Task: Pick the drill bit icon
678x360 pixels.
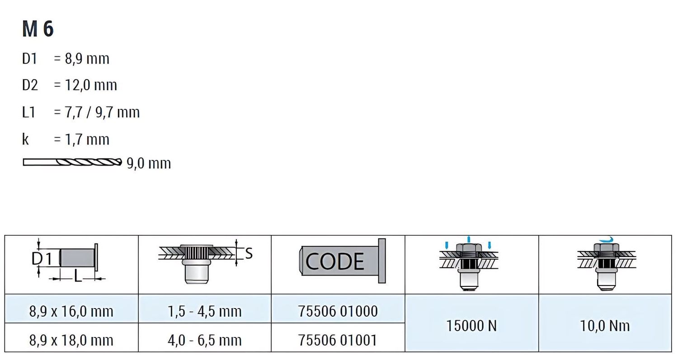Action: pyautogui.click(x=72, y=162)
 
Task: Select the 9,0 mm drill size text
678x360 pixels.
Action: pyautogui.click(x=149, y=163)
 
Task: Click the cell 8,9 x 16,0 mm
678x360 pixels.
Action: pyautogui.click(x=71, y=311)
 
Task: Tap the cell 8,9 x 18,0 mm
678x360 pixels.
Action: pyautogui.click(x=71, y=340)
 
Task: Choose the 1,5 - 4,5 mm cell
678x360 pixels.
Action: pyautogui.click(x=205, y=311)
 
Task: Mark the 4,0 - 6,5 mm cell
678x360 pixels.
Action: pyautogui.click(x=205, y=340)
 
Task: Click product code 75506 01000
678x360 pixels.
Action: pyautogui.click(x=338, y=311)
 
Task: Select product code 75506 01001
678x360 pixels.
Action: pyautogui.click(x=338, y=340)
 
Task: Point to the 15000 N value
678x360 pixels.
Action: pyautogui.click(x=471, y=325)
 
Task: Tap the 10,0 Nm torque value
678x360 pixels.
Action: pyautogui.click(x=605, y=325)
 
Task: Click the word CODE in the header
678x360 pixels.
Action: pyautogui.click(x=335, y=262)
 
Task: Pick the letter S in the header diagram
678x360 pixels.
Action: pyautogui.click(x=249, y=254)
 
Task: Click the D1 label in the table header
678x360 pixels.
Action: pyautogui.click(x=43, y=259)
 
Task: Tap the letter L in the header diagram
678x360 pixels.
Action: pyautogui.click(x=78, y=276)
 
